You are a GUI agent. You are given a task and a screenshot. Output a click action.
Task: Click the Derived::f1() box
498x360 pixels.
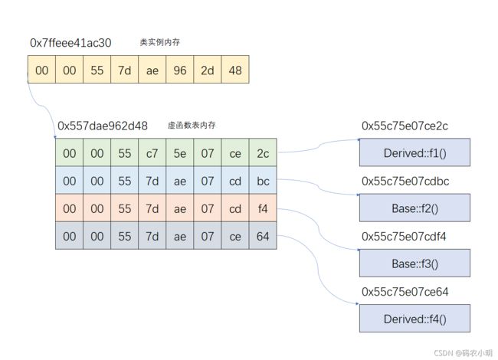point(414,152)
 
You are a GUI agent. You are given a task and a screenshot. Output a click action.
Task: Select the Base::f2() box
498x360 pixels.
point(414,208)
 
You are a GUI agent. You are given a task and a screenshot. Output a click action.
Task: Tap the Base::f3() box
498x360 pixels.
point(414,263)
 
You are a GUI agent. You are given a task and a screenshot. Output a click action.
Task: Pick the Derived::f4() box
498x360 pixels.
point(414,319)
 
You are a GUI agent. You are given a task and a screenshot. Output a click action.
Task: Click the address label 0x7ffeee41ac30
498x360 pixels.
point(70,43)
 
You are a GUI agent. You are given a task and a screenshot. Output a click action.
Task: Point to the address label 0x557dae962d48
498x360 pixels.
point(103,126)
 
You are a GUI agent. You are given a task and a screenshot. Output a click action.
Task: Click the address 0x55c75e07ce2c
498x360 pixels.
point(405,126)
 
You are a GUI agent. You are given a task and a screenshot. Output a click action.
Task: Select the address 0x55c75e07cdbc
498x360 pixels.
point(405,182)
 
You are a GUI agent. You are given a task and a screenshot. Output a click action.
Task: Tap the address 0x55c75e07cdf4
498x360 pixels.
point(404,237)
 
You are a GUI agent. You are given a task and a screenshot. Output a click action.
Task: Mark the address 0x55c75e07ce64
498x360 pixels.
point(405,292)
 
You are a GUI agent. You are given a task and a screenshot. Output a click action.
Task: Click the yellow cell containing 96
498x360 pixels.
point(180,70)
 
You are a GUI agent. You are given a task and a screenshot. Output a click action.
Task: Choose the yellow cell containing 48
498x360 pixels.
point(235,70)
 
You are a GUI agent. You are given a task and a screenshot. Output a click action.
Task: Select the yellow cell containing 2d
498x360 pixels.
point(208,70)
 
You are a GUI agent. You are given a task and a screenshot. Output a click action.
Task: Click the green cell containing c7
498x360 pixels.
point(152,152)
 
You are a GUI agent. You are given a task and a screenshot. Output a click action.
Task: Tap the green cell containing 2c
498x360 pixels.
point(263,152)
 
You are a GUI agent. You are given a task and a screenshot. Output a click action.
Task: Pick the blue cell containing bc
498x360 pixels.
point(263,180)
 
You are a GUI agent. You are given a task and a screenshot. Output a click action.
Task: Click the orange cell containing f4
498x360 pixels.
point(263,208)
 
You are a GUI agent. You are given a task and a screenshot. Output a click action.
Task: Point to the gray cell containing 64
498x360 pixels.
point(263,235)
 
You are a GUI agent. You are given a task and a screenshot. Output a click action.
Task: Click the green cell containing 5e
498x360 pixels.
point(180,152)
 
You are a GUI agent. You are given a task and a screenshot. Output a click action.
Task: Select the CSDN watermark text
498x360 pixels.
point(463,353)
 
